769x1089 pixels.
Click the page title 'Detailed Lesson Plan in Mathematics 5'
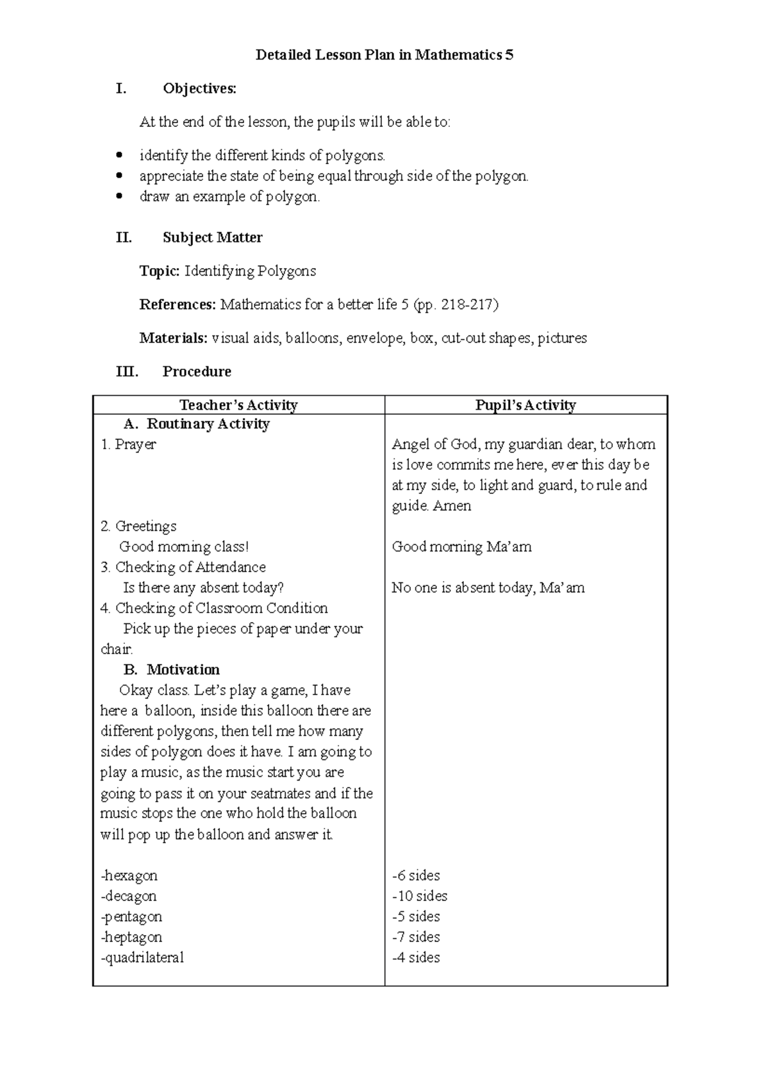[384, 55]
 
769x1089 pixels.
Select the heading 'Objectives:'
[199, 89]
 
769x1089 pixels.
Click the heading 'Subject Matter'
[212, 237]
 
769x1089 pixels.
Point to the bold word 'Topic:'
[160, 271]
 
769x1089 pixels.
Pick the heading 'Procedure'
[197, 371]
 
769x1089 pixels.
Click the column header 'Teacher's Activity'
[238, 405]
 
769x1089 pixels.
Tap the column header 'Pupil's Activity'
[525, 405]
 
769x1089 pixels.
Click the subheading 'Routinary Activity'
[208, 424]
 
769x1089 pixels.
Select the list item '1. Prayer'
[128, 444]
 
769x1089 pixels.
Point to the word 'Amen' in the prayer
[452, 506]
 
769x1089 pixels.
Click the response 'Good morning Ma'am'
[461, 547]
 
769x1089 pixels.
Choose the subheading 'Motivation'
[183, 670]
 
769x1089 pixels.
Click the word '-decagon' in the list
[129, 896]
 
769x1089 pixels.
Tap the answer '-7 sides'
[416, 937]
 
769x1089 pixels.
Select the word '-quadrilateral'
[142, 958]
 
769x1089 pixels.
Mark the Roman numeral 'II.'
[124, 237]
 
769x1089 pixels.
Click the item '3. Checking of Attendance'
[183, 567]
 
